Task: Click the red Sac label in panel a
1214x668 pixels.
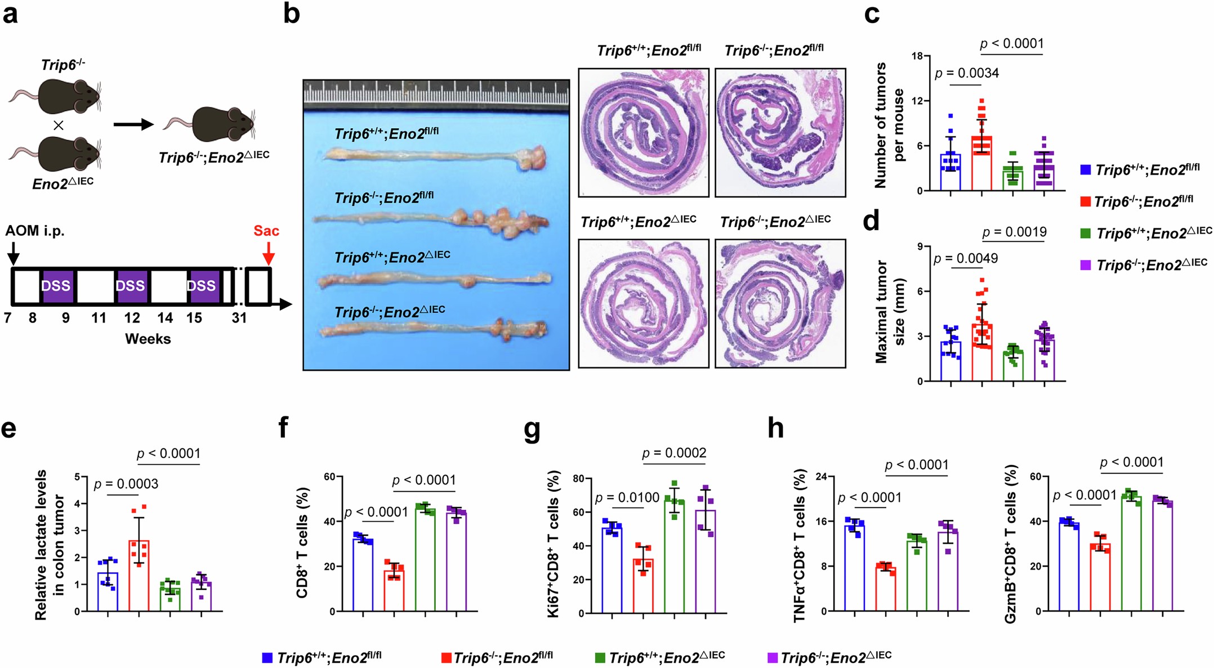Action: click(x=266, y=231)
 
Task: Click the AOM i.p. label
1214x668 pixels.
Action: click(x=35, y=231)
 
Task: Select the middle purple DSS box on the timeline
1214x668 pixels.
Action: click(x=131, y=286)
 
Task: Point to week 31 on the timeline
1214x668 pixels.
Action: click(x=239, y=318)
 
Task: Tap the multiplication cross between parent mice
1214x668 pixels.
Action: click(x=59, y=125)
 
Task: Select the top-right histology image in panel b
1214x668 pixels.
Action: click(x=780, y=133)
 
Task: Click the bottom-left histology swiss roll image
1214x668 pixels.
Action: click(x=644, y=304)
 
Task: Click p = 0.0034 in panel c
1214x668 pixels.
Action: click(x=967, y=73)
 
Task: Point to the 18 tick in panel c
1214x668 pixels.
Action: click(x=917, y=56)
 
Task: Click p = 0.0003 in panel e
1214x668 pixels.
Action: click(x=126, y=484)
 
